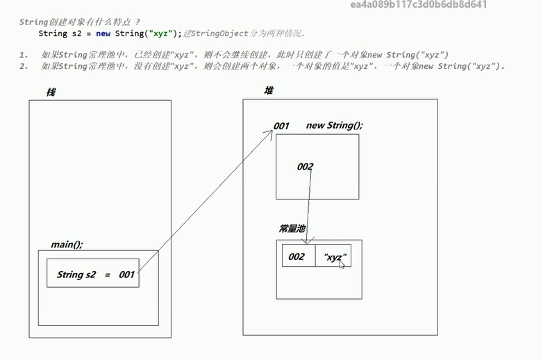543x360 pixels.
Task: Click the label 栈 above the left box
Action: click(x=51, y=92)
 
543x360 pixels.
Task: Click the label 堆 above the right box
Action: click(x=268, y=91)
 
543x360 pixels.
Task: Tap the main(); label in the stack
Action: click(x=67, y=245)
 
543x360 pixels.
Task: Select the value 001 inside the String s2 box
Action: click(x=126, y=275)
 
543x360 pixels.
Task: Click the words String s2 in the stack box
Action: click(x=76, y=275)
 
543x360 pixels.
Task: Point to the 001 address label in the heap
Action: click(x=281, y=126)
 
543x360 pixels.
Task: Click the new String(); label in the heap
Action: click(x=334, y=126)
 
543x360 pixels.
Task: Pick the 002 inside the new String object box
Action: click(x=305, y=167)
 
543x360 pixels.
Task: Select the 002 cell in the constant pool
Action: click(x=296, y=256)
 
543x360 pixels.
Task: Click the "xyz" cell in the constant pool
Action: click(x=334, y=256)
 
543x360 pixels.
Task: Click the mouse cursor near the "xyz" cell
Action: click(x=342, y=264)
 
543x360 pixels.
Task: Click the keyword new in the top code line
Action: click(x=103, y=33)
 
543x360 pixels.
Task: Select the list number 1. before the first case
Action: click(x=24, y=54)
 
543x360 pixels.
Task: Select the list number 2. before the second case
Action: click(x=24, y=66)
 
